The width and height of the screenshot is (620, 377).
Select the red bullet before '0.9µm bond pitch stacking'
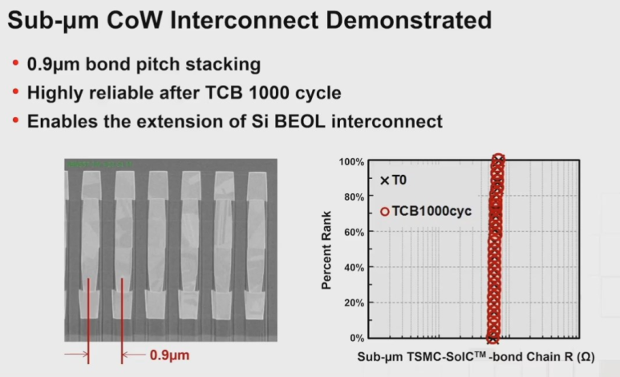coord(15,63)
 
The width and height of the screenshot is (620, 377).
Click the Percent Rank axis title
coord(327,249)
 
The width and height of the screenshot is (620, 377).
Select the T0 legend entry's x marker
coord(385,181)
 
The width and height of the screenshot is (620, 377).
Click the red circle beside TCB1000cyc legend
coord(385,212)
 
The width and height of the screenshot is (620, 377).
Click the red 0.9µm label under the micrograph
coord(170,353)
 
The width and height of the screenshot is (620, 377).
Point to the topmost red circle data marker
coord(497,160)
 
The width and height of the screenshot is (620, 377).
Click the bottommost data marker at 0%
coord(492,338)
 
